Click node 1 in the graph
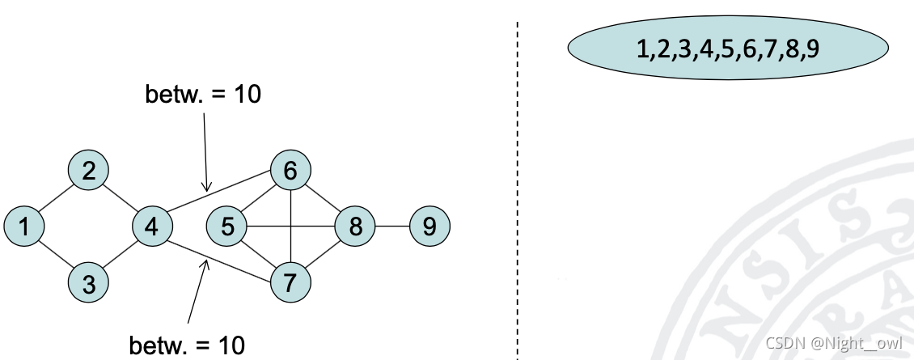pyautogui.click(x=24, y=227)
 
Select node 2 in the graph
pyautogui.click(x=89, y=170)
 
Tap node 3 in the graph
pyautogui.click(x=89, y=284)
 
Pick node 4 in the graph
pyautogui.click(x=152, y=227)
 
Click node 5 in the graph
pyautogui.click(x=227, y=227)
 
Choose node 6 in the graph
pyautogui.click(x=290, y=170)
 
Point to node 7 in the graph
pyautogui.click(x=290, y=284)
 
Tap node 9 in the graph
pyautogui.click(x=429, y=227)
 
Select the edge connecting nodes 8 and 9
pyautogui.click(x=392, y=227)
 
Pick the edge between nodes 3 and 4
pyautogui.click(x=121, y=256)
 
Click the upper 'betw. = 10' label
pyautogui.click(x=203, y=94)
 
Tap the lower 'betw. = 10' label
pyautogui.click(x=187, y=345)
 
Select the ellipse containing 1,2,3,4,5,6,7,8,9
pyautogui.click(x=728, y=49)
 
